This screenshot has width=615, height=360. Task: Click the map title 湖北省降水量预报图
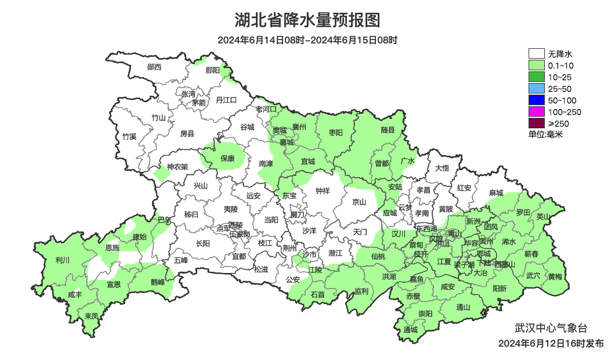[307, 21]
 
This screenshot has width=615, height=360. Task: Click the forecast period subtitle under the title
[307, 41]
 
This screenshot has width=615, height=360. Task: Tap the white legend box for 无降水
[536, 54]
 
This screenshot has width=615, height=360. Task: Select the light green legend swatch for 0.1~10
[536, 66]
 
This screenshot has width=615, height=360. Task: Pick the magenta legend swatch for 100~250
[536, 111]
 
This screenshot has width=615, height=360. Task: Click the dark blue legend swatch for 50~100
[536, 100]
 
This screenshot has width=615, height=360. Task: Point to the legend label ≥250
[559, 123]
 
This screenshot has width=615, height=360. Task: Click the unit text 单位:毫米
[545, 134]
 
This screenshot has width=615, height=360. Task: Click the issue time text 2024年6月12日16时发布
[551, 343]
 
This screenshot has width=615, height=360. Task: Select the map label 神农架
[178, 167]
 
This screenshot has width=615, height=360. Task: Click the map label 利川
[62, 260]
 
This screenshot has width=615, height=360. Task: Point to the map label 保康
[227, 158]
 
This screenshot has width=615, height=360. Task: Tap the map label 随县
[388, 131]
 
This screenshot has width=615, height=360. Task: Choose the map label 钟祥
[322, 190]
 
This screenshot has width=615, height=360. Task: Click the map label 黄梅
[555, 276]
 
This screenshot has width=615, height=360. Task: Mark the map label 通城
[410, 330]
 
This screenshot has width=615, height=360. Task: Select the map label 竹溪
[129, 137]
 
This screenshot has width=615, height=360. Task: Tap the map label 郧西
[154, 67]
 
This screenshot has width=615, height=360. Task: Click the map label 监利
[361, 291]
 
